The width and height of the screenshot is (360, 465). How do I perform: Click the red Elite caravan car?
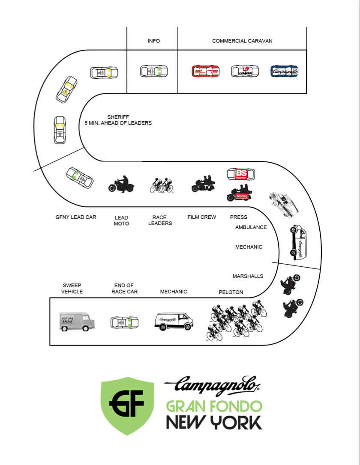point(206,72)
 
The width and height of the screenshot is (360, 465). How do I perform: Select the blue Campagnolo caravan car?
point(285,72)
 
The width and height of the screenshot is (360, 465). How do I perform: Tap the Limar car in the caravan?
point(245,72)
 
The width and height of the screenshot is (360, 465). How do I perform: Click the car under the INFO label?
point(153,72)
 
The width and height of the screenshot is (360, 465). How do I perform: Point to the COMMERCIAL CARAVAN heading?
point(242,41)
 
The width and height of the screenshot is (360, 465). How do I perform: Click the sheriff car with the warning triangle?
point(66,89)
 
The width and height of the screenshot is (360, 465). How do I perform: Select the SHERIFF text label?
point(118,117)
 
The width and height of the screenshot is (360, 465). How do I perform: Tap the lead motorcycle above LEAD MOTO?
point(121,184)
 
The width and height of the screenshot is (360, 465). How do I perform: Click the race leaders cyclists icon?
point(162,185)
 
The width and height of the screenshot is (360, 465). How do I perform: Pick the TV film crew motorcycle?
point(203,184)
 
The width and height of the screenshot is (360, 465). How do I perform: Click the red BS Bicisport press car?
point(240,174)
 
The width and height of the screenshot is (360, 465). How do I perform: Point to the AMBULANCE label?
point(251,227)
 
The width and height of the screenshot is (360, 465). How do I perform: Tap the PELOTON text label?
point(231,292)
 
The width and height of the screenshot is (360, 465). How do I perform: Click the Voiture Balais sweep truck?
point(77,320)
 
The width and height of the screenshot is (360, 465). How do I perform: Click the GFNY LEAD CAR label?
point(76,217)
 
